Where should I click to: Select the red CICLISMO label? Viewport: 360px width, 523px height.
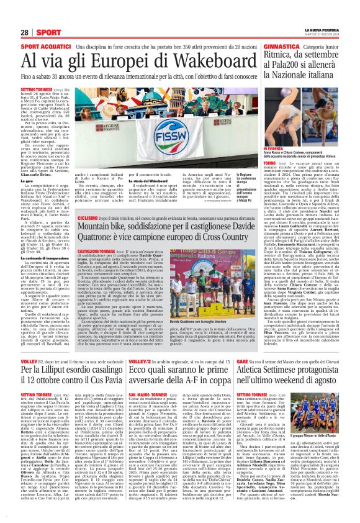click(x=88, y=220)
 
